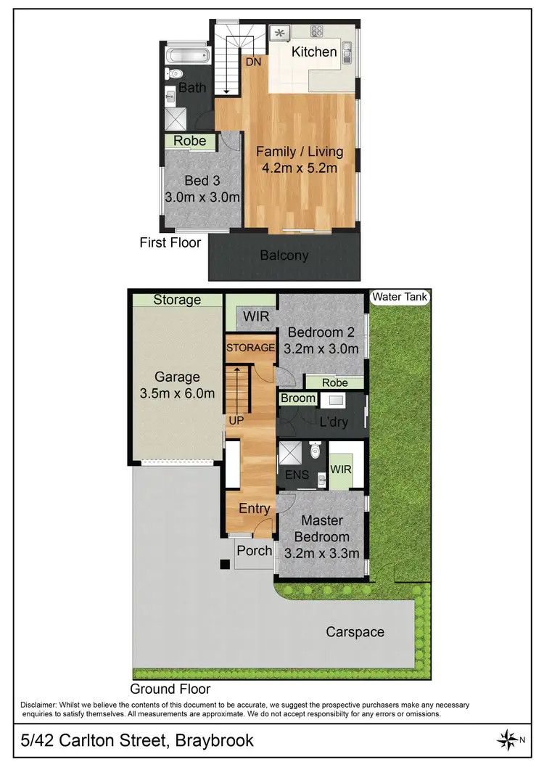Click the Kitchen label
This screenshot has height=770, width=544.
314,52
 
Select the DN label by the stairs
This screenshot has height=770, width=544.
253,63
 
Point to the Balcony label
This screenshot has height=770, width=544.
284,255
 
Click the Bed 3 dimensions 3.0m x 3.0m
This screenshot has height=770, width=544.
202,197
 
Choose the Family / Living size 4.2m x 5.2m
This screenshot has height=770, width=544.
300,168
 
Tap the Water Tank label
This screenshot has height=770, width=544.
400,297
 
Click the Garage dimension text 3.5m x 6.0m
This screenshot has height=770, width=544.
176,394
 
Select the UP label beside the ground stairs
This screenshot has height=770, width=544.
236,421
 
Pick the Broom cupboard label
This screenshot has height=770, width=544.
298,398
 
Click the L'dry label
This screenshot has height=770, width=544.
334,422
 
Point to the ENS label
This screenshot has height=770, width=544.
297,476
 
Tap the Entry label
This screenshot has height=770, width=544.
254,509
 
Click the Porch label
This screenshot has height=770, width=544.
255,551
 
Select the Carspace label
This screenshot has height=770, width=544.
355,632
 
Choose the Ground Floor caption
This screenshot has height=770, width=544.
170,689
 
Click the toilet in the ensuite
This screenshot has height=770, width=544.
315,452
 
